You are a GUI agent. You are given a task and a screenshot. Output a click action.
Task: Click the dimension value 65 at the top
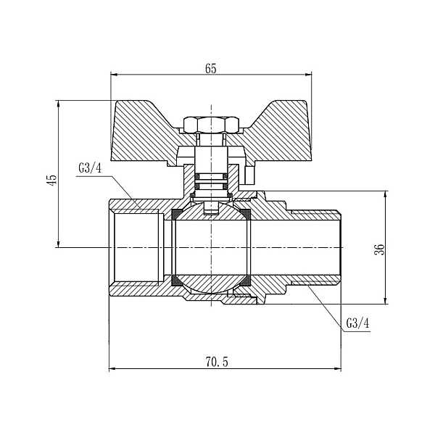pos(211,69)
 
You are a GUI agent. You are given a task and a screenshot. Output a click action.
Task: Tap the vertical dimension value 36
pos(378,249)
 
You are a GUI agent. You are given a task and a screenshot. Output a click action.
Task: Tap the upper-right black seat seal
pos(245,214)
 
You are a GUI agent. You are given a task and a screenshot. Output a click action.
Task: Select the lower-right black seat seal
pos(245,280)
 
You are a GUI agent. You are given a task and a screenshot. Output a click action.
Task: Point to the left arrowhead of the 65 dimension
pos(113,75)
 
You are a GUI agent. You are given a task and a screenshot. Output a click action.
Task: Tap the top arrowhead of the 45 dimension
pos(58,104)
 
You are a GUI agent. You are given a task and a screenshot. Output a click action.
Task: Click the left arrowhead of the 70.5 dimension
pos(112,369)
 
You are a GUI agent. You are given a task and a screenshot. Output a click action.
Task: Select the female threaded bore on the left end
pos(134,247)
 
